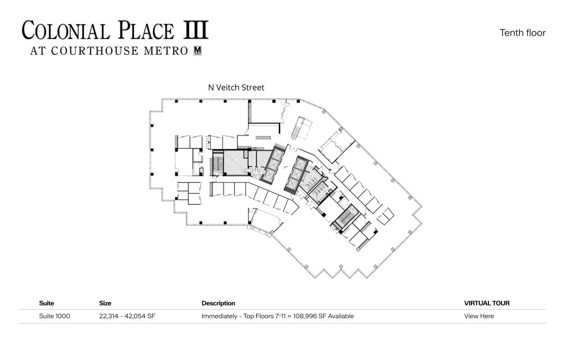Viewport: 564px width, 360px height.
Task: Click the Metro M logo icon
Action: click(197, 51)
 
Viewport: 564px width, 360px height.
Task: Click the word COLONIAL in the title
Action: click(65, 31)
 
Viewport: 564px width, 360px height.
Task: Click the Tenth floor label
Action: click(522, 33)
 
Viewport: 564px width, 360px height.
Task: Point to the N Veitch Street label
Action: click(236, 87)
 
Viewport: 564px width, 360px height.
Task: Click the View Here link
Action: click(479, 316)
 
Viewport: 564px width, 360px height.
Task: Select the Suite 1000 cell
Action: click(54, 316)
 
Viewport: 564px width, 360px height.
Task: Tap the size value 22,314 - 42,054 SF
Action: click(127, 316)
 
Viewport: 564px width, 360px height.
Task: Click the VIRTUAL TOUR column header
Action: click(486, 303)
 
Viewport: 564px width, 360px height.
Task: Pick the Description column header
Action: click(218, 303)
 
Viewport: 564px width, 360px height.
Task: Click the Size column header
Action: click(105, 303)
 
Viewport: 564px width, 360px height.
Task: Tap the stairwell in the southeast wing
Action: click(345, 217)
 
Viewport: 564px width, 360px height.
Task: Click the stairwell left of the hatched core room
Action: click(218, 163)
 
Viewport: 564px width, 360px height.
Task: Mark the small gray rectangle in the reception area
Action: click(263, 138)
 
